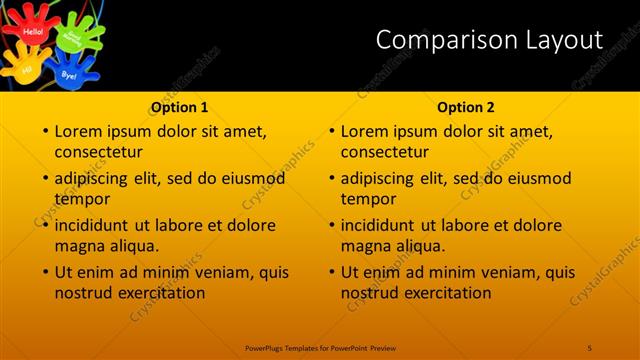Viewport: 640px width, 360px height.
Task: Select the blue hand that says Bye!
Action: click(x=70, y=72)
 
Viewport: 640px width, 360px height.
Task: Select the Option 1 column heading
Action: click(x=179, y=107)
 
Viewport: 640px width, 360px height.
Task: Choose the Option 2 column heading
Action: click(x=466, y=107)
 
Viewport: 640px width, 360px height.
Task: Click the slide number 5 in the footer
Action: click(x=590, y=347)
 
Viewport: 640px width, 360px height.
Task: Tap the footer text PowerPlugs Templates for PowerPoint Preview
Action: click(x=319, y=347)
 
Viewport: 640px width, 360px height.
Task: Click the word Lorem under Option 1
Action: click(x=79, y=131)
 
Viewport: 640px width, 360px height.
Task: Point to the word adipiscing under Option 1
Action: click(x=97, y=179)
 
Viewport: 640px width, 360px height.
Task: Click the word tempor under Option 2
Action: click(x=369, y=199)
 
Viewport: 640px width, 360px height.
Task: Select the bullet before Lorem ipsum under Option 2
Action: click(x=330, y=131)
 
